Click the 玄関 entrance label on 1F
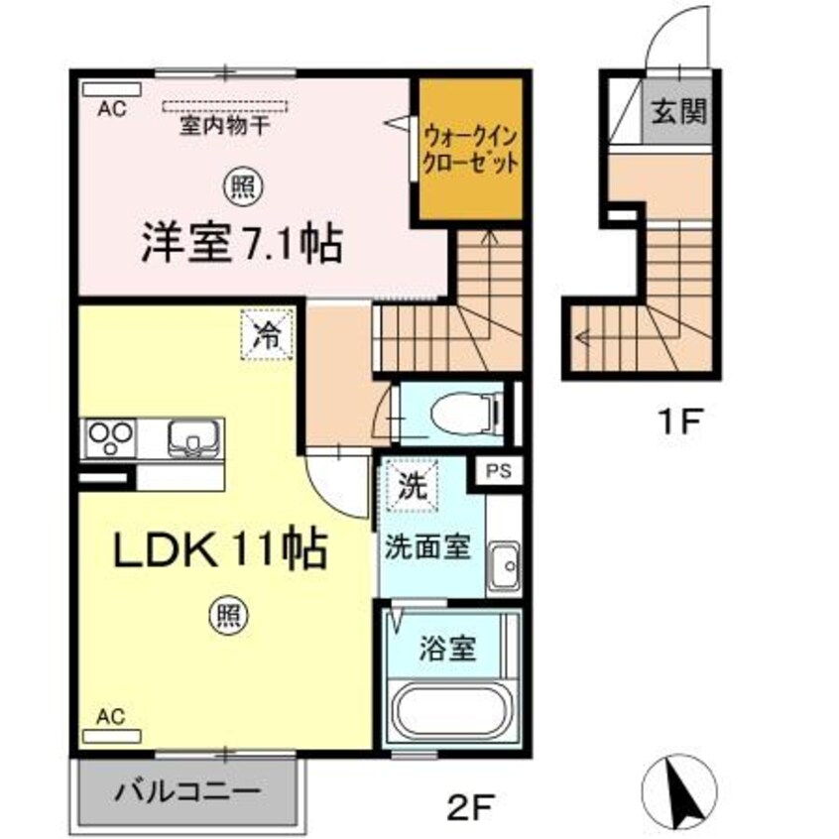pyautogui.click(x=679, y=111)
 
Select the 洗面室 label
pyautogui.click(x=427, y=547)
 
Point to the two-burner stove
pyautogui.click(x=111, y=437)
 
